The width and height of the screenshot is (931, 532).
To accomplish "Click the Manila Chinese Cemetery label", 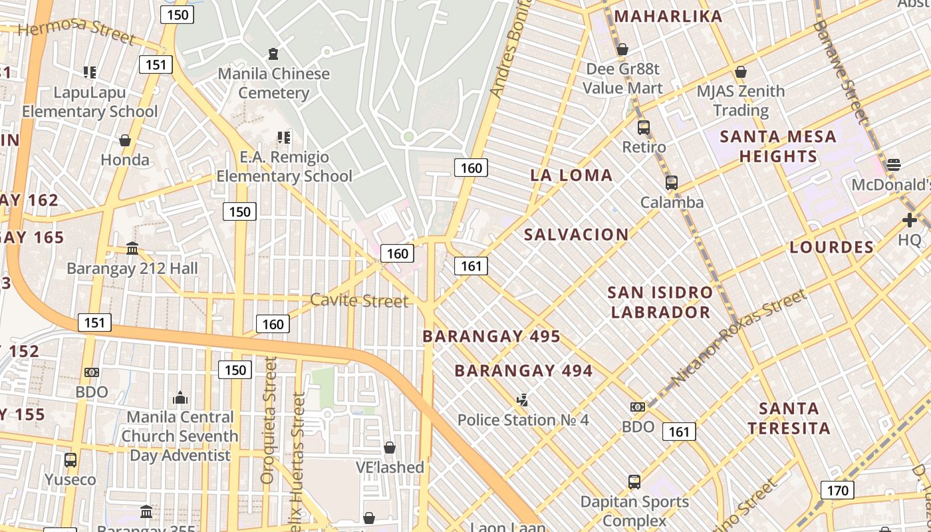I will [273, 82].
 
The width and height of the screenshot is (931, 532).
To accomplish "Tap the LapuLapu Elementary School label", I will [90, 102].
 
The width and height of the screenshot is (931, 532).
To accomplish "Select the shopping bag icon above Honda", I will [124, 140].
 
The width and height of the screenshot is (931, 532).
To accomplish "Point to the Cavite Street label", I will [359, 301].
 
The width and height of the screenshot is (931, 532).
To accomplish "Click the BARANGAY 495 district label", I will [491, 336].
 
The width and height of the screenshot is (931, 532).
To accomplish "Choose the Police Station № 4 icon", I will [523, 400].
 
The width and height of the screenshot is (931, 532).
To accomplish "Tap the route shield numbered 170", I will [837, 491].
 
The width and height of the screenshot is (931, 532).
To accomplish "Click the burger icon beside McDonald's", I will [894, 164].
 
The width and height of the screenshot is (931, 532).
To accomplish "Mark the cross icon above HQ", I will [910, 220].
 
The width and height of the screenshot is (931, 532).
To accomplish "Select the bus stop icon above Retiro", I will [643, 128].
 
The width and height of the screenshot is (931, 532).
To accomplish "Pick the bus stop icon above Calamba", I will [671, 183].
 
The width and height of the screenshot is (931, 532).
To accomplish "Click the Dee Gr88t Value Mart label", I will [622, 78].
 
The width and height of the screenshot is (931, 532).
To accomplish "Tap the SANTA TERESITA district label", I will [789, 418].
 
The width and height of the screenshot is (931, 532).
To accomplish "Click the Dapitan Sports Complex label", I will [634, 511].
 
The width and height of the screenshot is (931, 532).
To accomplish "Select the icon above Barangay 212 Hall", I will [132, 249].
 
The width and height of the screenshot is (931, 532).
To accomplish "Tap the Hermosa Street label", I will [76, 29].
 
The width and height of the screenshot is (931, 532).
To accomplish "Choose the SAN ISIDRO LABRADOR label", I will [660, 302].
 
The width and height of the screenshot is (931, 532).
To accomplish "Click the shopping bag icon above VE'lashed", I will [390, 448].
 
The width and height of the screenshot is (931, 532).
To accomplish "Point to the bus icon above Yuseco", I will [70, 460].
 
